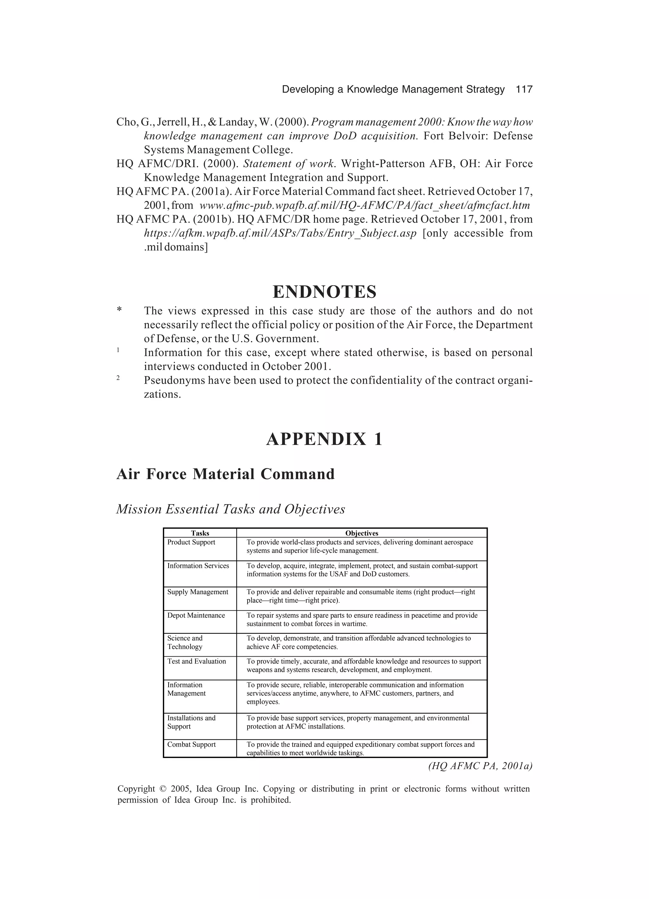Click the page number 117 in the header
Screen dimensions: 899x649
[x=524, y=90]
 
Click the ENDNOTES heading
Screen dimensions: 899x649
[x=324, y=292]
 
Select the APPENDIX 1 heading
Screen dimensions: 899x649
[x=324, y=439]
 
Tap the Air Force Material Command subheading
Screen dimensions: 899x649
[x=226, y=474]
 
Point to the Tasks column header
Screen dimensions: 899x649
[x=200, y=533]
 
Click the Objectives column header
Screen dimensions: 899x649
[x=362, y=533]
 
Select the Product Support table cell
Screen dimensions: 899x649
[x=191, y=542]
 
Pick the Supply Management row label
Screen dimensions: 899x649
[x=197, y=592]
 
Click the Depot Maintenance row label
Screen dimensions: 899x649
[x=196, y=615]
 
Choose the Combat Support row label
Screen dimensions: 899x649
[x=191, y=744]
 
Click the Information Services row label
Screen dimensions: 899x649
[x=198, y=566]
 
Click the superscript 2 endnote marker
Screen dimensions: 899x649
[x=118, y=378]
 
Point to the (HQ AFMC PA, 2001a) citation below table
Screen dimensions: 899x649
[x=480, y=766]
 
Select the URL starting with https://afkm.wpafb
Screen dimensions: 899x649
[x=280, y=233]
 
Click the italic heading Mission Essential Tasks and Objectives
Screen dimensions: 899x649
[x=231, y=509]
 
